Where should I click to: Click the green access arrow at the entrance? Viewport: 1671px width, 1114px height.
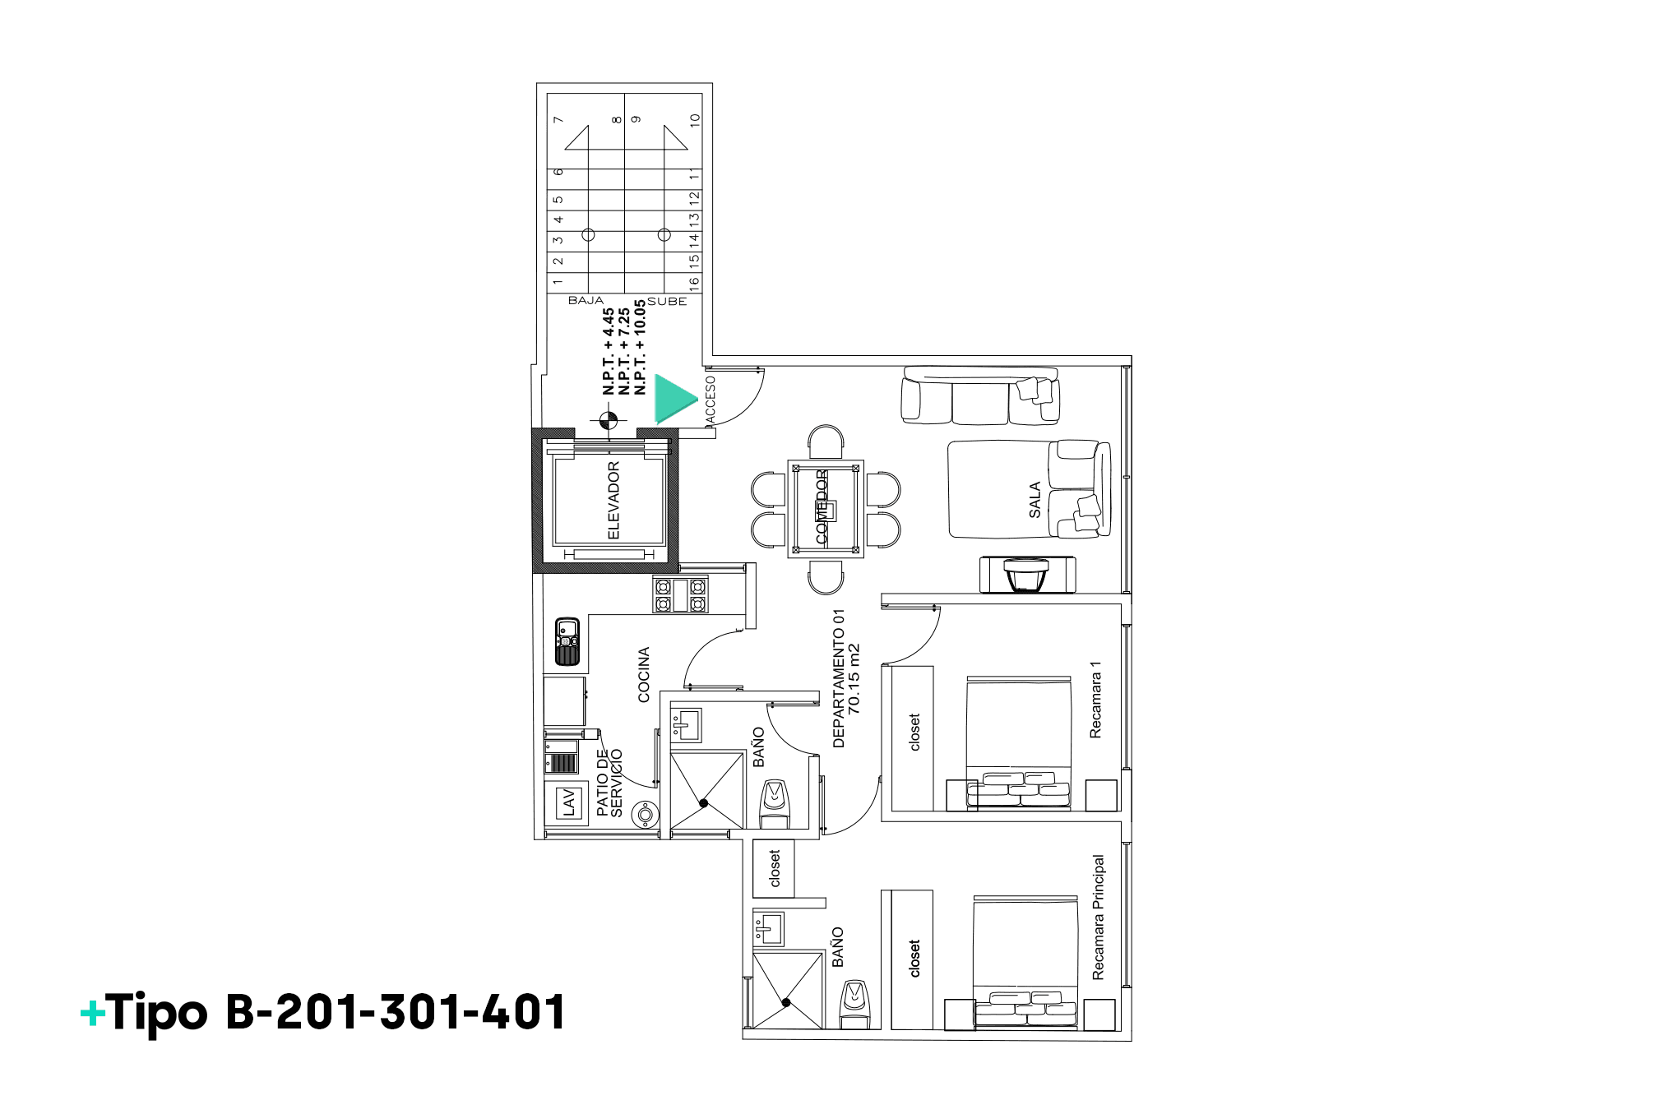674,398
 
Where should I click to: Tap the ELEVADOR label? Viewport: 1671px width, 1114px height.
613,501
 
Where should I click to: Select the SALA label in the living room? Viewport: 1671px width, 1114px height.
1035,500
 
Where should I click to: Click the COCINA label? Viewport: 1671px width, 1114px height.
644,675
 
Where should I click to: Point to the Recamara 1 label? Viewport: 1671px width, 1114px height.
1095,700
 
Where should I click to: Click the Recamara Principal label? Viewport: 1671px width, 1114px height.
1099,918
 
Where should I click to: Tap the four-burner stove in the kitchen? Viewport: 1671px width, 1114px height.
680,594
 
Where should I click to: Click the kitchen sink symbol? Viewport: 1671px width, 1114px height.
567,641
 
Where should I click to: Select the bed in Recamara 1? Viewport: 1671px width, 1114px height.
1018,742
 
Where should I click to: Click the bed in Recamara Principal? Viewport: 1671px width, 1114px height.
1025,962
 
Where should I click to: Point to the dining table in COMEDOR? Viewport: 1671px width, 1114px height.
826,509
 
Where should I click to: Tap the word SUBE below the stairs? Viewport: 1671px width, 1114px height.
667,302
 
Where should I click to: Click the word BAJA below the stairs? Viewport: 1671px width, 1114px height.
586,301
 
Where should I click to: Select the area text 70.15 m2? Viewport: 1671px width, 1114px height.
854,678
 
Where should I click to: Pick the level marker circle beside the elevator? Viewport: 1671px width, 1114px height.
609,421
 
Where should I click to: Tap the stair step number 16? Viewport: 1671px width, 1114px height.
694,282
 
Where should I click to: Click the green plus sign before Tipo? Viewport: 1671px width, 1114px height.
93,1013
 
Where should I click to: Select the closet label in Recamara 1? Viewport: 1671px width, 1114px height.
914,733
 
